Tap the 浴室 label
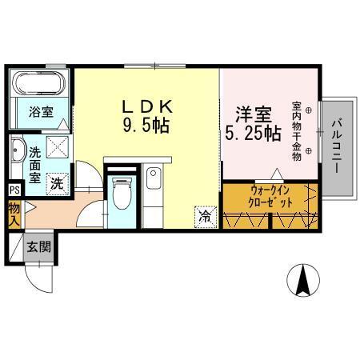[41, 112]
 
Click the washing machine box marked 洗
[58, 182]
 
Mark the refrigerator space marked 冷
[204, 215]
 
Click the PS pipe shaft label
[14, 190]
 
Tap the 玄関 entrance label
[39, 246]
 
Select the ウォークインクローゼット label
[270, 197]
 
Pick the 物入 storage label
[14, 214]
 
